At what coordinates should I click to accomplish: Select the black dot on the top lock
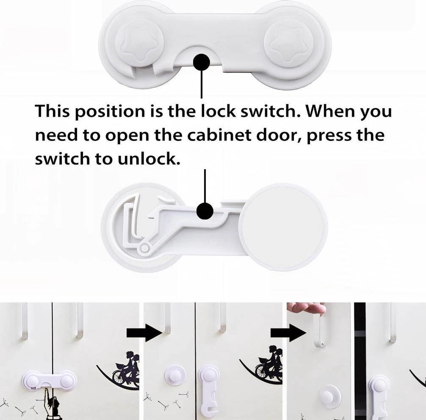click(x=201, y=62)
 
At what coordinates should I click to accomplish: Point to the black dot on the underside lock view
click(x=205, y=211)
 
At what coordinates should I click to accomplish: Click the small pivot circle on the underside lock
click(x=145, y=248)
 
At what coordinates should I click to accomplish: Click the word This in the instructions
click(x=53, y=111)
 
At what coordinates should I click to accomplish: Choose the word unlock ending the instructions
click(x=148, y=159)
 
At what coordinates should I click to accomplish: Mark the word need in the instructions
click(x=56, y=135)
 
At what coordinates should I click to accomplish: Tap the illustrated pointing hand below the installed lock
click(x=51, y=402)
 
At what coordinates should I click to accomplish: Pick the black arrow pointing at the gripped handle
click(x=288, y=333)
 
